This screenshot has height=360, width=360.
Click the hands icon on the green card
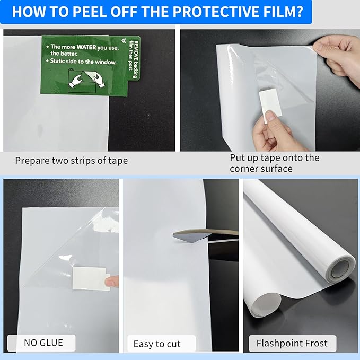[x=84, y=78]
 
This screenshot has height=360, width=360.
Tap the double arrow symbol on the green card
[x=124, y=40]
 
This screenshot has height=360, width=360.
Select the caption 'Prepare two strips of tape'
[x=71, y=160]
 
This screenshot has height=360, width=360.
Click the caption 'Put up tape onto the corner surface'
[x=274, y=163]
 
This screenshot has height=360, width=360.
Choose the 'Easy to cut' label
[x=156, y=344]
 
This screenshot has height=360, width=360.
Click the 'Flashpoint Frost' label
[x=292, y=343]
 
